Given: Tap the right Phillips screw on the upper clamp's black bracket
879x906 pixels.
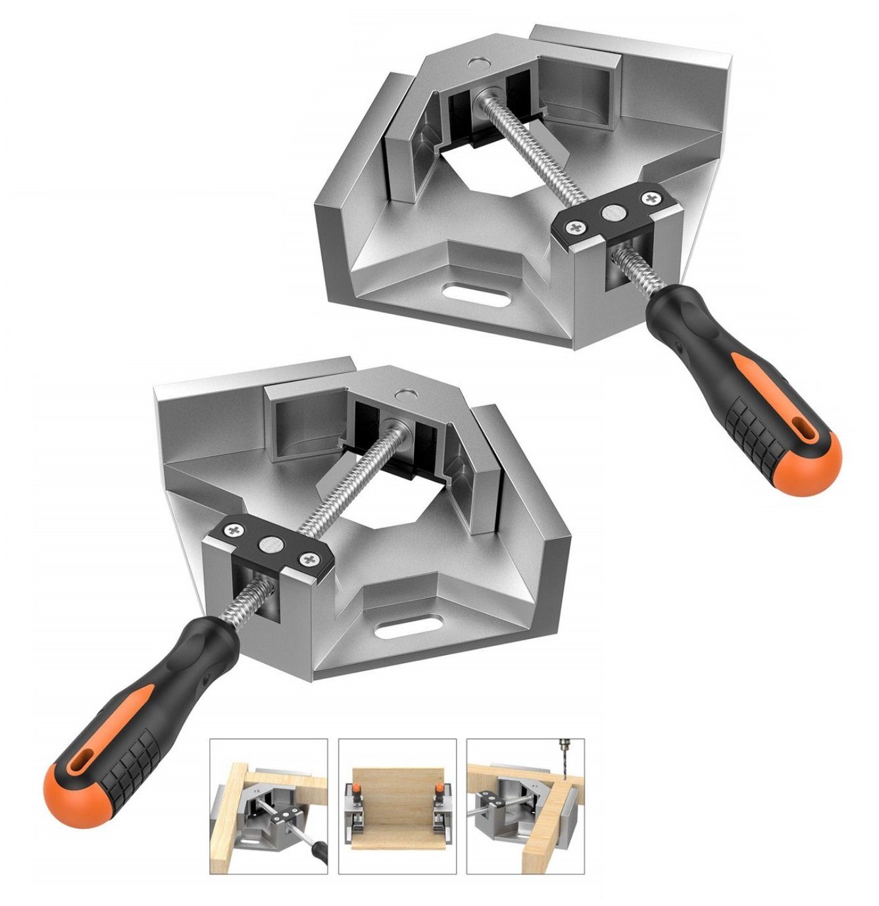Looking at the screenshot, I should coord(651,198).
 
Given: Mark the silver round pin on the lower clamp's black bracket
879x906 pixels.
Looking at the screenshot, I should coord(269,544).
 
